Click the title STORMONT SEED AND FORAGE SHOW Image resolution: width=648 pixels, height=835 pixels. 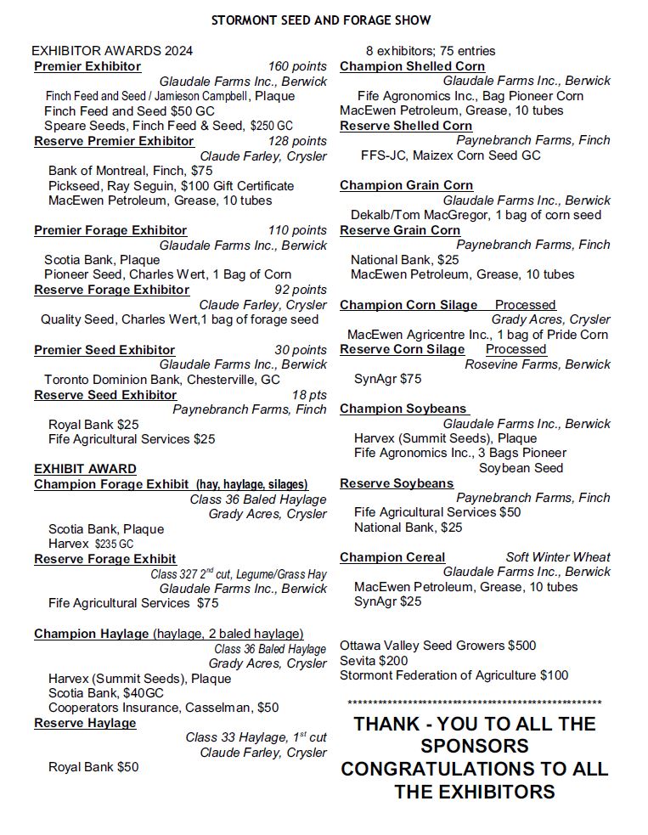pyautogui.click(x=321, y=20)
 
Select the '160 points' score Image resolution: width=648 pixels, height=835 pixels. pyautogui.click(x=297, y=66)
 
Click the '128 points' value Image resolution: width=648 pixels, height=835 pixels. pyautogui.click(x=297, y=141)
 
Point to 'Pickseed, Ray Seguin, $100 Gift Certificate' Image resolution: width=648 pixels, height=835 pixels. pyautogui.click(x=171, y=186)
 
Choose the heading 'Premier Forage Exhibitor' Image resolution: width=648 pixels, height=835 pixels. pyautogui.click(x=110, y=230)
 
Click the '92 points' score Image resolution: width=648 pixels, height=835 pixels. pyautogui.click(x=301, y=290)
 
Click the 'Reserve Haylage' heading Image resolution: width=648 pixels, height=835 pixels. pyautogui.click(x=85, y=723)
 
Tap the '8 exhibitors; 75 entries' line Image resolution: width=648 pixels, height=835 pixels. pyautogui.click(x=431, y=51)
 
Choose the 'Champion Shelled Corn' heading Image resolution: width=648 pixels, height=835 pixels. pyautogui.click(x=413, y=66)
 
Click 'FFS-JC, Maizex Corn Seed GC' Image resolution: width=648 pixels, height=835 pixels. pyautogui.click(x=450, y=155)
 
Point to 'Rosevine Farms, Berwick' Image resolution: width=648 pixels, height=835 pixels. pyautogui.click(x=538, y=364)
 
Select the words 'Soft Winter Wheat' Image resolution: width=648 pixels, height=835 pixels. pyautogui.click(x=558, y=557)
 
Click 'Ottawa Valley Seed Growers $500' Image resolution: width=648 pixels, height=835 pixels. pyautogui.click(x=438, y=646)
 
